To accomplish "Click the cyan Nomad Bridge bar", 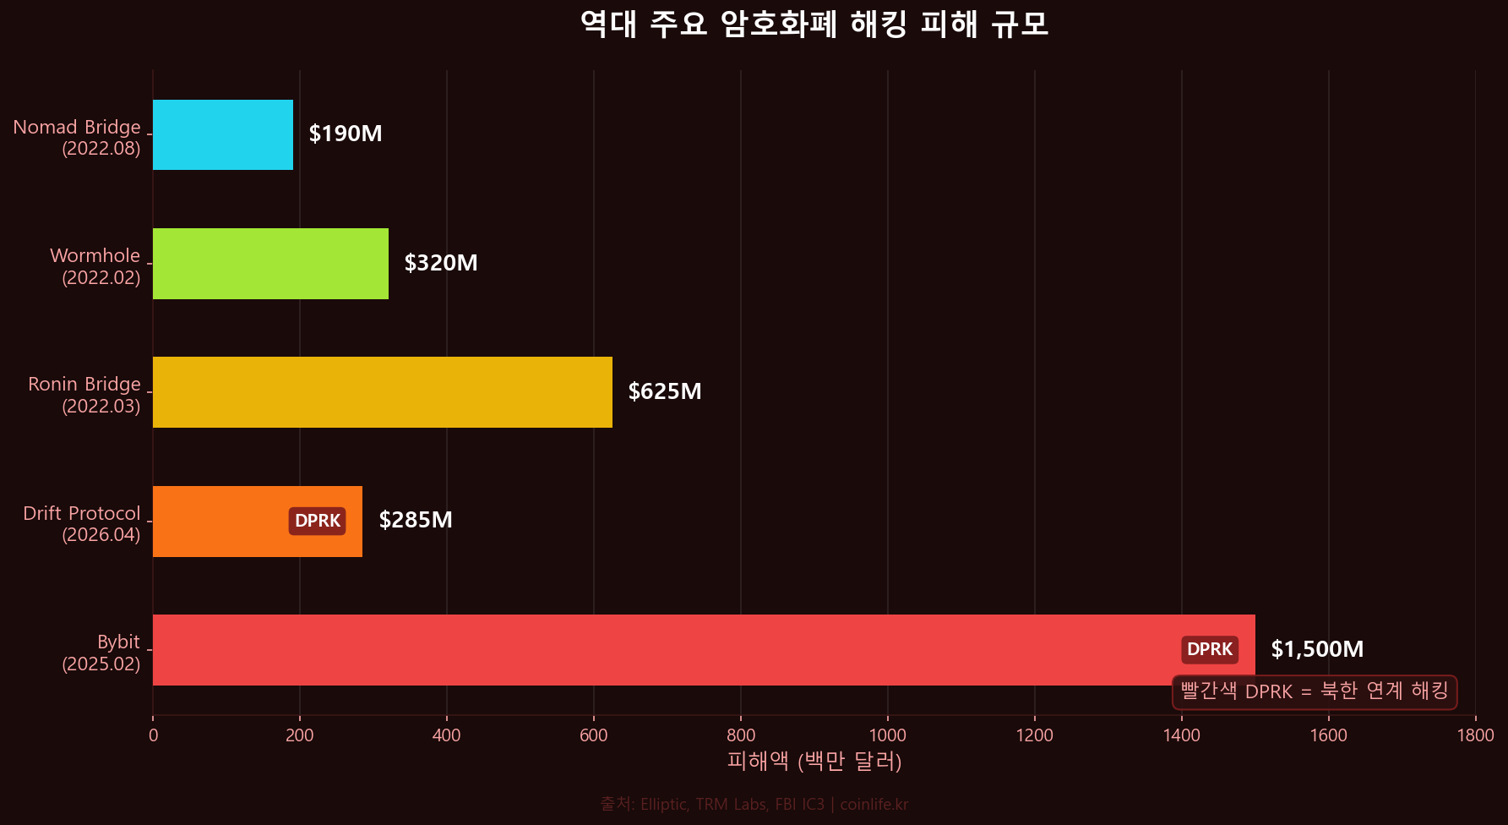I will point(223,135).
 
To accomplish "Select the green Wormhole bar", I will point(270,264).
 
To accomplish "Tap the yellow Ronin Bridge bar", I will point(382,392).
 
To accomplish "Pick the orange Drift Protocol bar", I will point(220,522).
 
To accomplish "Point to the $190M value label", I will point(346,134).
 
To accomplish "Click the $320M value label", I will point(441,263).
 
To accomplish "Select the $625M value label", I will point(665,391).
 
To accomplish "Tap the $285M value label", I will point(416,520).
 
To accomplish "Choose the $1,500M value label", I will point(1317,649).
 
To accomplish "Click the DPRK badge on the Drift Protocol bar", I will point(318,521).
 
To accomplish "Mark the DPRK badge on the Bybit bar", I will point(1210,649).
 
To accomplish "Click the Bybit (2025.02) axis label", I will point(101,653).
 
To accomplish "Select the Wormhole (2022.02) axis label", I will point(95,266).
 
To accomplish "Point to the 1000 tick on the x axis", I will point(888,735).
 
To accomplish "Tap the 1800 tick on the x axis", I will point(1475,735).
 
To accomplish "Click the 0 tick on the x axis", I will point(153,735).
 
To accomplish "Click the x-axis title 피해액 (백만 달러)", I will point(814,762).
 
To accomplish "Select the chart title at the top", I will point(814,24).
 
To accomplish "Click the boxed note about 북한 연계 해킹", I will point(1315,691).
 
